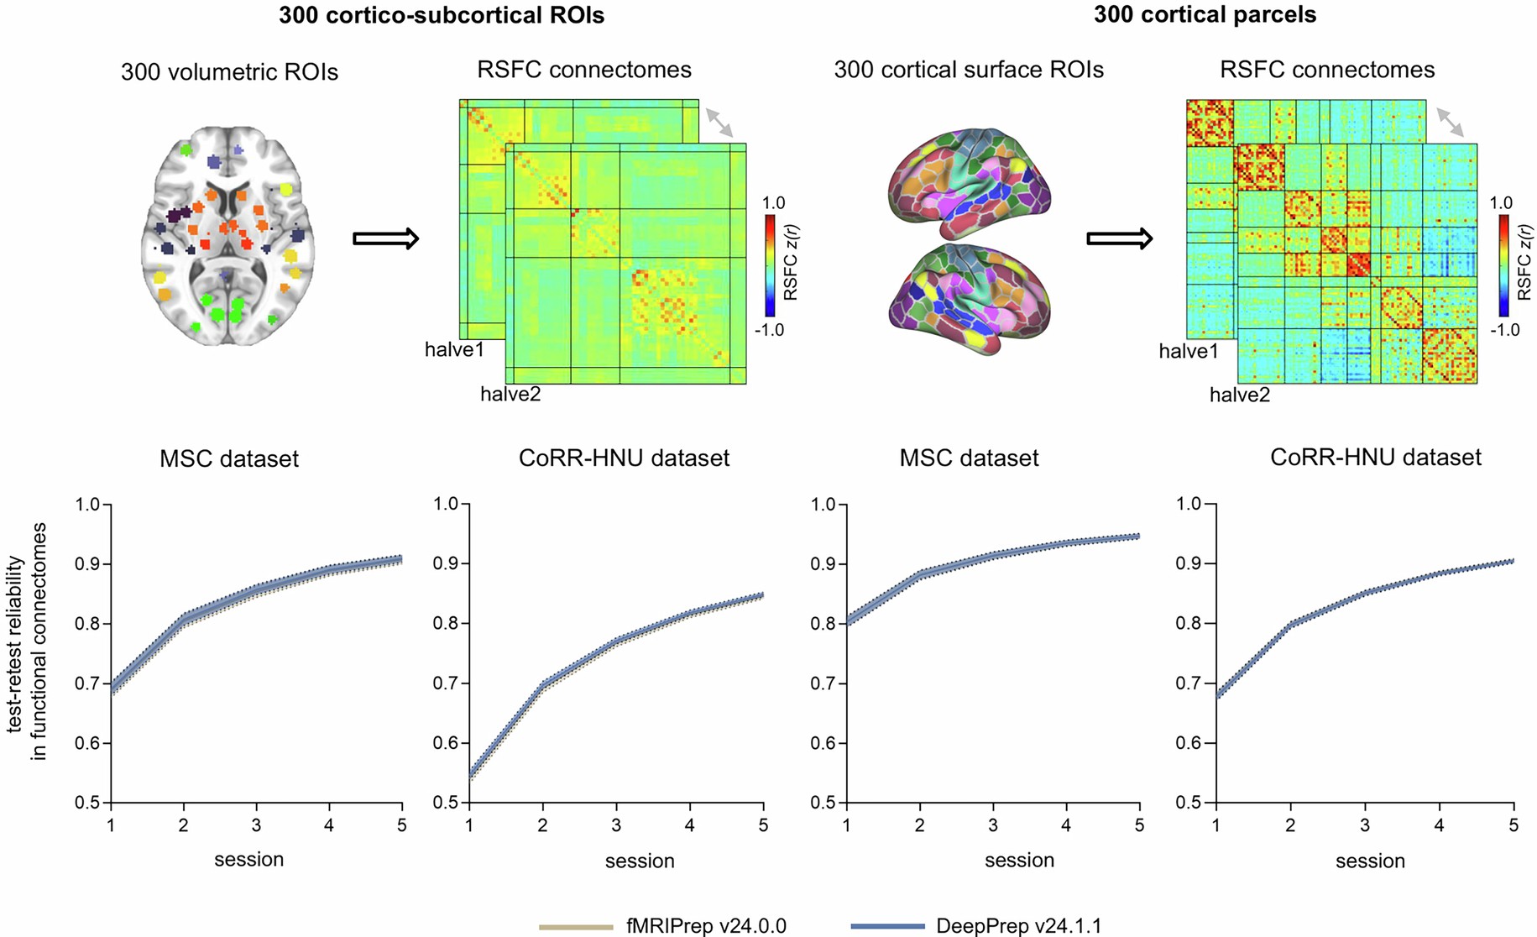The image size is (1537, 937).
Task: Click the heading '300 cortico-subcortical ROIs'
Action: pos(442,15)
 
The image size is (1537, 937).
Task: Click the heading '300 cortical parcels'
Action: pos(1205,14)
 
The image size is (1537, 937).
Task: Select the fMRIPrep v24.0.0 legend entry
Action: pos(663,926)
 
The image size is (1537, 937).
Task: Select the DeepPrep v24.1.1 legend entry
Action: pos(976,926)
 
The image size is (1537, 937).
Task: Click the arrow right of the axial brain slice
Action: pos(385,238)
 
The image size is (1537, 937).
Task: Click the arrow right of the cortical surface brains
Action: pos(1119,238)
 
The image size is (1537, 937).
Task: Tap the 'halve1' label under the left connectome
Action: pos(454,349)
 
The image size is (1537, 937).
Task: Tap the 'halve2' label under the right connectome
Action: pos(1239,395)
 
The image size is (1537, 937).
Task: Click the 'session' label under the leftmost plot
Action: pos(248,860)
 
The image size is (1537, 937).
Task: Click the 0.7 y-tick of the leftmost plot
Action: pos(87,683)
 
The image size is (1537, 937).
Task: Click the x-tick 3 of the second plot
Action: pos(616,826)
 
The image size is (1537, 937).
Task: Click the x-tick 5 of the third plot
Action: pos(1139,826)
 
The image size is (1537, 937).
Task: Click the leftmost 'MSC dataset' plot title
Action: pos(229,459)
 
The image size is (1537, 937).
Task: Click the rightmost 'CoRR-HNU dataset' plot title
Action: pos(1375,458)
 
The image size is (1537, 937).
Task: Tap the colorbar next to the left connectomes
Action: pos(770,265)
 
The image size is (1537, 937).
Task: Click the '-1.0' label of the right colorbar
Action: pos(1504,330)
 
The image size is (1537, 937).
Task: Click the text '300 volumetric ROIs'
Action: pos(229,72)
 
